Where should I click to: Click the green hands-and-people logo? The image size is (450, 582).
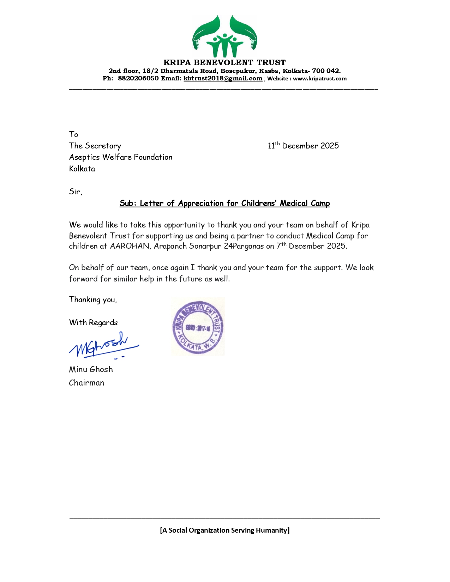[x=224, y=36]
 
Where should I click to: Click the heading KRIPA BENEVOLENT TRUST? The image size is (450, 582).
[x=224, y=63]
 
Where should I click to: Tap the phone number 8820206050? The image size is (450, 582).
[x=138, y=78]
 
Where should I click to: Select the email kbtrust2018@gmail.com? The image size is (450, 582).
[x=223, y=78]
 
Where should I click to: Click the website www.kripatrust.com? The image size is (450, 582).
[x=319, y=79]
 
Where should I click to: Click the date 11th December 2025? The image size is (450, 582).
[x=303, y=146]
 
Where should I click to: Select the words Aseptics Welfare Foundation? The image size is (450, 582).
[x=121, y=157]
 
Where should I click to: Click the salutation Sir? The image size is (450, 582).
[x=76, y=192]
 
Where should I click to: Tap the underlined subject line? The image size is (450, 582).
[x=224, y=203]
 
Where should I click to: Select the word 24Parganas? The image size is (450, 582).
[x=244, y=246]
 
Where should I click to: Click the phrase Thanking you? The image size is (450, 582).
[x=93, y=300]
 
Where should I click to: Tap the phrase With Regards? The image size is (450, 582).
[x=93, y=322]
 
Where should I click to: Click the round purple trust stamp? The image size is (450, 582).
[x=198, y=327]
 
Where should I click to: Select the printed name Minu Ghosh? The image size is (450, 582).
[x=91, y=369]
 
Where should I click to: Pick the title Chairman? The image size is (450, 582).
[x=86, y=383]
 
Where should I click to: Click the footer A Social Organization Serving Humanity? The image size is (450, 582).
[x=224, y=530]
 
